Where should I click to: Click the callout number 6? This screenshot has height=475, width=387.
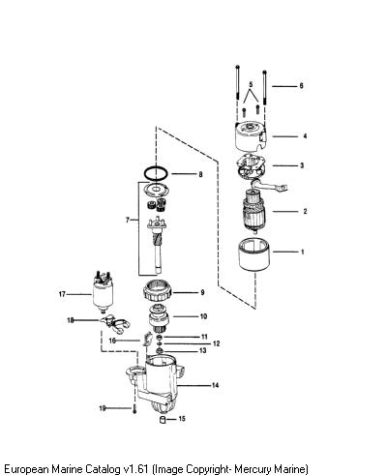[x=301, y=86]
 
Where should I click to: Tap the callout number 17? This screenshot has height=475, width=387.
[x=62, y=294]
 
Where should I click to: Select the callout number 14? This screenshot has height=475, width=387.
[x=215, y=385]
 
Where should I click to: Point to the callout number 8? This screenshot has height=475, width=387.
[x=200, y=174]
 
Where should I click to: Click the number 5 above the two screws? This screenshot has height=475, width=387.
[x=251, y=85]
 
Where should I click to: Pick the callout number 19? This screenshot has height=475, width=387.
[x=103, y=408]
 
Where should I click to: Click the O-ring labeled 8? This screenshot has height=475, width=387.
[x=156, y=173]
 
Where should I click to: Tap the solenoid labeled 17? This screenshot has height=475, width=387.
[x=103, y=294]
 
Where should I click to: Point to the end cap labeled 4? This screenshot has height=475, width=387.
[x=251, y=137]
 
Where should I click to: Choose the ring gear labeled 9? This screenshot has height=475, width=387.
[x=158, y=291]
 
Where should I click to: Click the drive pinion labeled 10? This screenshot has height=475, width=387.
[x=158, y=319]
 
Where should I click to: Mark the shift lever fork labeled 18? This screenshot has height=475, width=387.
[x=115, y=324]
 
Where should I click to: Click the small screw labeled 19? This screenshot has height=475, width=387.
[x=134, y=409]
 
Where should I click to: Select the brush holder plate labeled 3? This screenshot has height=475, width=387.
[x=251, y=166]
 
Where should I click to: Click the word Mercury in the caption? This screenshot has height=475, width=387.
[x=253, y=468]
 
